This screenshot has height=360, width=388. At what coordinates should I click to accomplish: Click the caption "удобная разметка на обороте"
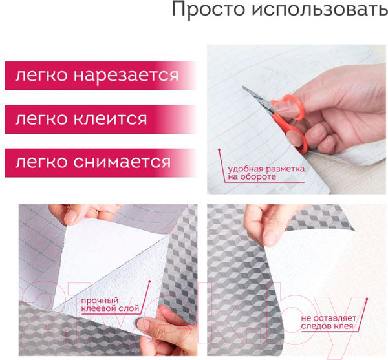(257, 173)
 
